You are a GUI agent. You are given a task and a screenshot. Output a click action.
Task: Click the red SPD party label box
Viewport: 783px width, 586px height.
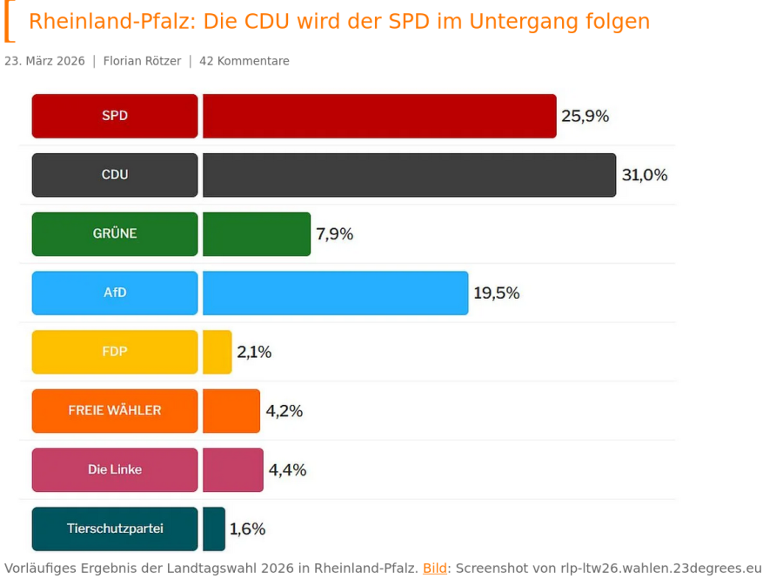[x=115, y=116]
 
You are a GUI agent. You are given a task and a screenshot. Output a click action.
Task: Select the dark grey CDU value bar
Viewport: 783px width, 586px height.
[x=409, y=175]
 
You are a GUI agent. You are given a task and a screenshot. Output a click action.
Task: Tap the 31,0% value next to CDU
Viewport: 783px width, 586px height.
[x=645, y=175]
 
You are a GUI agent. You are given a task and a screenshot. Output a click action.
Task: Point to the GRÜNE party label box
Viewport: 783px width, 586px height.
[x=115, y=234]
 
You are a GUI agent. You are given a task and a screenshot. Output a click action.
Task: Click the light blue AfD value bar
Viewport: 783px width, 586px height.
[x=335, y=293]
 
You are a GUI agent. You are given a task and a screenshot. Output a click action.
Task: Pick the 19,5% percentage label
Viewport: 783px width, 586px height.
[x=497, y=293]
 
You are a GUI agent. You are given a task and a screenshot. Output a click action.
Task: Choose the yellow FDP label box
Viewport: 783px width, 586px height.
[x=115, y=352]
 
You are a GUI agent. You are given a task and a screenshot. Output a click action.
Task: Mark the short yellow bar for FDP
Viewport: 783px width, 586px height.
[x=217, y=352]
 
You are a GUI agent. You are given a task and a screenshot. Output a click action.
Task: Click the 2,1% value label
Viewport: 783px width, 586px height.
[x=254, y=352]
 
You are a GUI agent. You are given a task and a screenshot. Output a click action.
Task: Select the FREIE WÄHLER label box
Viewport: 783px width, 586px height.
[x=115, y=411]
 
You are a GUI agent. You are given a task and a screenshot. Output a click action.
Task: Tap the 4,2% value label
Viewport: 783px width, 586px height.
[x=284, y=411]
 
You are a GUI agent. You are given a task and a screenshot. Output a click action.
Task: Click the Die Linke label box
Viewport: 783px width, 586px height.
[x=115, y=470]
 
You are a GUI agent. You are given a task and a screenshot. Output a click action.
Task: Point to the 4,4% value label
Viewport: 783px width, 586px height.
[x=287, y=470]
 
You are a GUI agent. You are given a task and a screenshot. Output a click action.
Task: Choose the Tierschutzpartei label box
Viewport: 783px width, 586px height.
[x=115, y=529]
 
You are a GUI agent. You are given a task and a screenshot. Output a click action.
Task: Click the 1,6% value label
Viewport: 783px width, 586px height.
[x=247, y=529]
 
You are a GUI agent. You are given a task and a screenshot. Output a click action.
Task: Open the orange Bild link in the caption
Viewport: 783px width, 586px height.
[x=435, y=569]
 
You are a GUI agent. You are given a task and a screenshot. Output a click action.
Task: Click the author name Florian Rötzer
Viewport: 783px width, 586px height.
[x=143, y=61]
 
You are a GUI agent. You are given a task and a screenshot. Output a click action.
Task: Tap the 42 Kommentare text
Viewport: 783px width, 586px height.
[x=244, y=61]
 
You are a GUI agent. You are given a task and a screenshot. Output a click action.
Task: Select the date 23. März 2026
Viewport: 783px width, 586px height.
[x=45, y=61]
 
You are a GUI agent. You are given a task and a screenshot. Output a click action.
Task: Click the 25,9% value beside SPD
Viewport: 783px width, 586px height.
[x=585, y=116]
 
